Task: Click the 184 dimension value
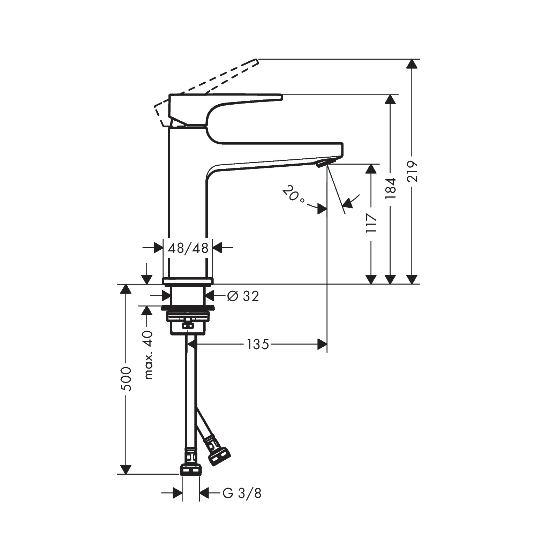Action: point(390,188)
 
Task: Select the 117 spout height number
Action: point(371,223)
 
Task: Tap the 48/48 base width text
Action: point(188,248)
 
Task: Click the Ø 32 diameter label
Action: point(243,296)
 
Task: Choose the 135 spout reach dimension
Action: point(258,345)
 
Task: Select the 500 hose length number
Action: point(126,379)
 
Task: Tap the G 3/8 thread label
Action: point(242,493)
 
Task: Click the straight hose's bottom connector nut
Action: point(191,470)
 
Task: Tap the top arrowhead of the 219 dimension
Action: point(412,65)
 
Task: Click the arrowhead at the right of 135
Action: point(322,345)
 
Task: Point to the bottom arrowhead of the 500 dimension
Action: point(126,469)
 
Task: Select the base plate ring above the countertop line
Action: point(188,281)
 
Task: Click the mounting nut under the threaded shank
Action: point(188,316)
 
